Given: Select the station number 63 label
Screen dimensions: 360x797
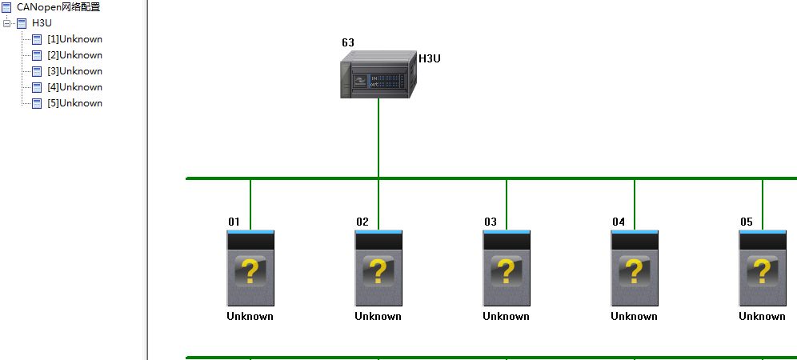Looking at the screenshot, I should pos(348,42).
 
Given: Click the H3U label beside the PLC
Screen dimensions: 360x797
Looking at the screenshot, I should pos(430,58).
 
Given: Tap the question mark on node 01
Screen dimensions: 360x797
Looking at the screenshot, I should pos(250,271).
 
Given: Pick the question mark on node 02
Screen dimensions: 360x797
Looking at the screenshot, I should pos(378,271).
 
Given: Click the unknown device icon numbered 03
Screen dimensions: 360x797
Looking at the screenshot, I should pos(507,268).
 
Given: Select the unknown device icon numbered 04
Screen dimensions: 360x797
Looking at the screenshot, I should pos(635,268).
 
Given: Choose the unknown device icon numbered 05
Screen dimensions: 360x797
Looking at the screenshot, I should pos(762,268).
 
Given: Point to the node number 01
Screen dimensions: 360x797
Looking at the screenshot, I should pos(234,222).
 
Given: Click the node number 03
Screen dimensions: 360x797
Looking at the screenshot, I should pos(490,222).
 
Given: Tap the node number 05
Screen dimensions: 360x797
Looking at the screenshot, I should pos(746,222).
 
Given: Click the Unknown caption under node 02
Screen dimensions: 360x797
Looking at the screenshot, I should pos(378,316).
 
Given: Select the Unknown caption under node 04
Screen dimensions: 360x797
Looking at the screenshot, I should pos(635,316).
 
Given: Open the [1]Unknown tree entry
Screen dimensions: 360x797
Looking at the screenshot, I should pos(74,39).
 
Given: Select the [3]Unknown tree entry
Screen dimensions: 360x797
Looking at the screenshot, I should pos(74,71).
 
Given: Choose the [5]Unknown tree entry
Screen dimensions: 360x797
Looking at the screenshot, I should pos(74,103).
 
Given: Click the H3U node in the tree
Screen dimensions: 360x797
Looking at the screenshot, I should pos(42,23).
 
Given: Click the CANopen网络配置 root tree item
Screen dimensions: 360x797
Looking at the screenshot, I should pos(58,7).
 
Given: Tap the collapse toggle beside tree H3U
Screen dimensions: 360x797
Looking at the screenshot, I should pos(6,23).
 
